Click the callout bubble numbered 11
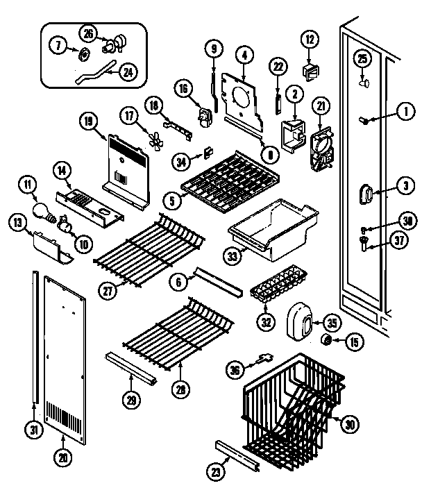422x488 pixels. pyautogui.click(x=26, y=185)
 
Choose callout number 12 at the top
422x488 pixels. pyautogui.click(x=309, y=38)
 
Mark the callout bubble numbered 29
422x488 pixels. pyautogui.click(x=130, y=399)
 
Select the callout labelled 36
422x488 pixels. pyautogui.click(x=237, y=371)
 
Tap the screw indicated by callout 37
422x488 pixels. pyautogui.click(x=362, y=242)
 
